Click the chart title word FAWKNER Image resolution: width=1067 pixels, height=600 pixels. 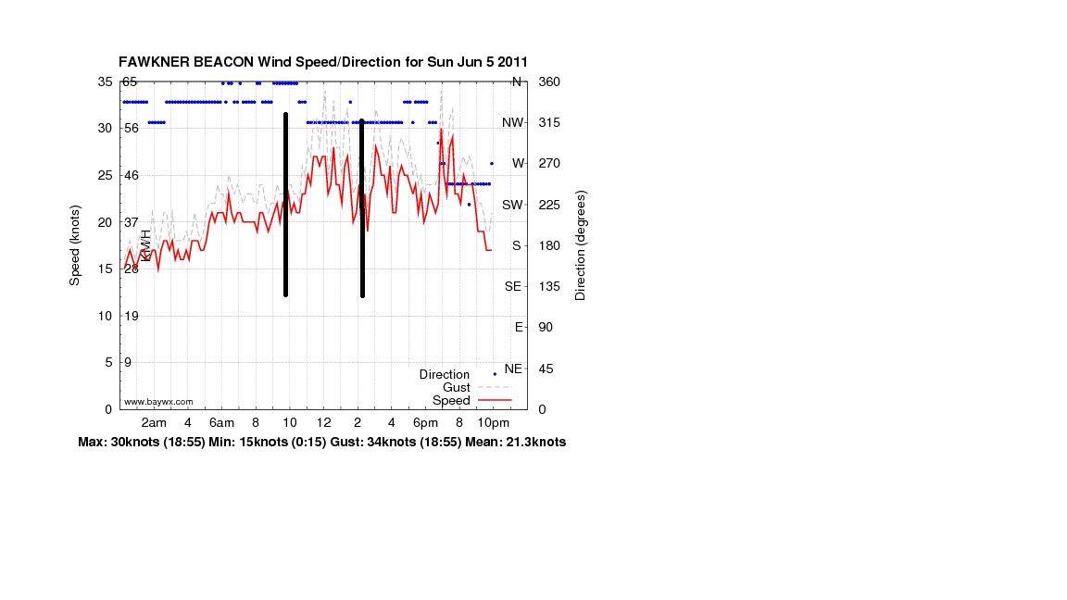(x=154, y=62)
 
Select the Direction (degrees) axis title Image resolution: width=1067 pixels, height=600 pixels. (x=581, y=245)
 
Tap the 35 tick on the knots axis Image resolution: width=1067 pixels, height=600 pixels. (x=105, y=81)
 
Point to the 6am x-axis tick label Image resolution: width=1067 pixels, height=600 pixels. (x=221, y=422)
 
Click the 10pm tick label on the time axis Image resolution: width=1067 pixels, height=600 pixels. (x=494, y=422)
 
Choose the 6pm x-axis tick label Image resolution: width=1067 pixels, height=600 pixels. (x=426, y=422)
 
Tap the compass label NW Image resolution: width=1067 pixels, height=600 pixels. (x=512, y=122)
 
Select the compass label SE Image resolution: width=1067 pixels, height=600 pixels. (x=512, y=286)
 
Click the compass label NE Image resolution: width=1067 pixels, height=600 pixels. (x=513, y=368)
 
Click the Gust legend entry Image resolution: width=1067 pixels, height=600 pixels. (x=457, y=387)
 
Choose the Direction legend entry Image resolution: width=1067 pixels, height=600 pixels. (x=445, y=374)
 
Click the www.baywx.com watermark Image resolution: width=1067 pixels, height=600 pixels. (x=158, y=402)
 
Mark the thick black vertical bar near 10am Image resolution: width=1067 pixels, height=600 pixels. (x=286, y=205)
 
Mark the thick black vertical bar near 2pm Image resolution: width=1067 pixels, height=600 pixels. (x=362, y=208)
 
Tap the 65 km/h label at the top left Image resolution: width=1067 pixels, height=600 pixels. (x=130, y=81)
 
